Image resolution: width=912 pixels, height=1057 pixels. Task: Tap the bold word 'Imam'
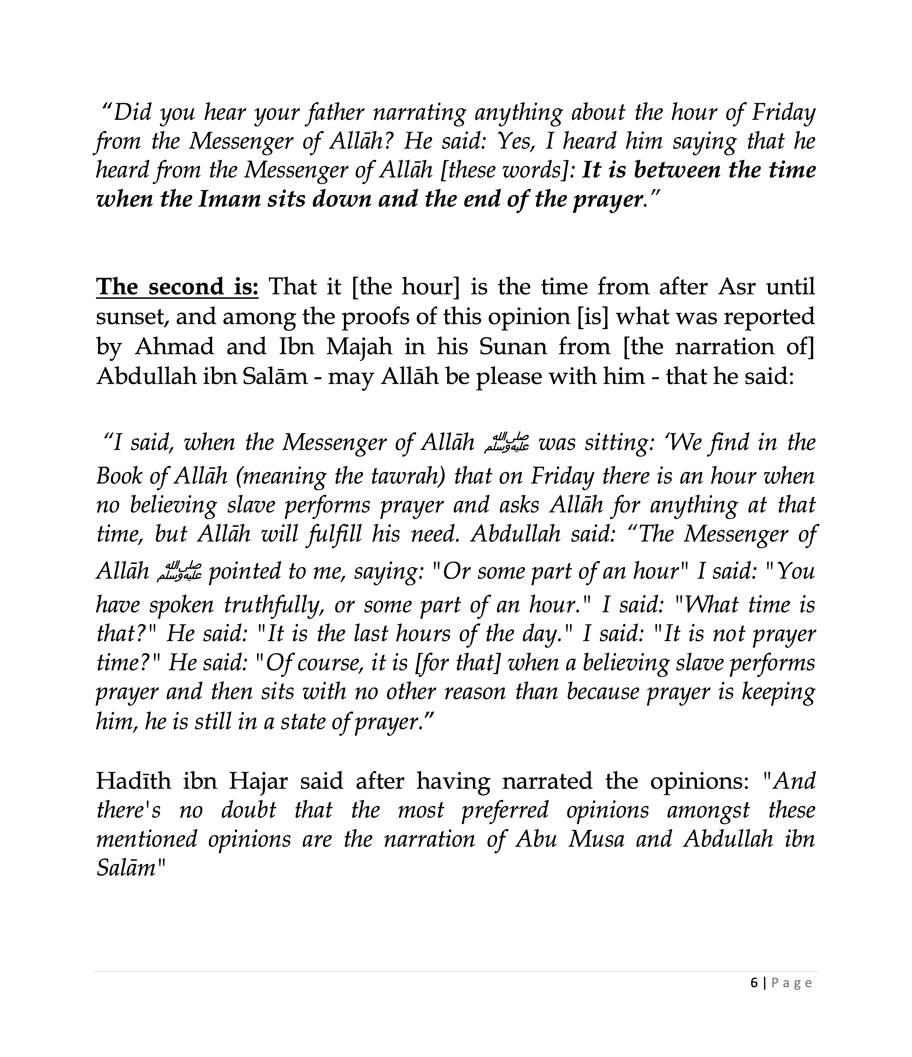(x=224, y=199)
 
